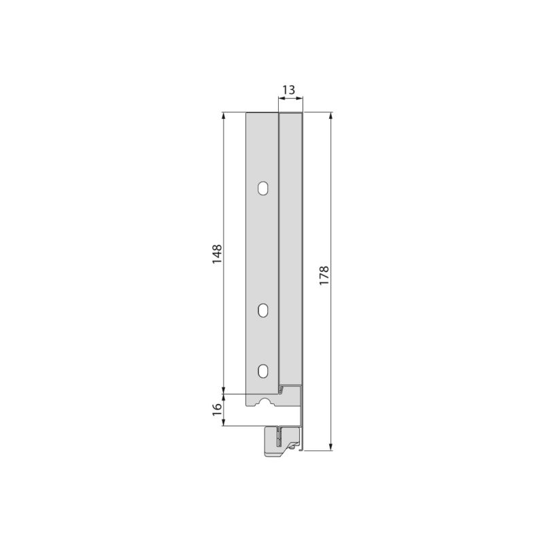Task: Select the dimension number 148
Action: pyautogui.click(x=216, y=254)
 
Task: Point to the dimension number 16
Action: pyautogui.click(x=216, y=409)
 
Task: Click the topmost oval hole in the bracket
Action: pyautogui.click(x=263, y=187)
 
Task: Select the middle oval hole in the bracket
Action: pyautogui.click(x=263, y=309)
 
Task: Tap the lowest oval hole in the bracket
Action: pyautogui.click(x=263, y=371)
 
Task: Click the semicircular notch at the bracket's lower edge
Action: pyautogui.click(x=263, y=403)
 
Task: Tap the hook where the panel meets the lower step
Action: pyautogui.click(x=282, y=389)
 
